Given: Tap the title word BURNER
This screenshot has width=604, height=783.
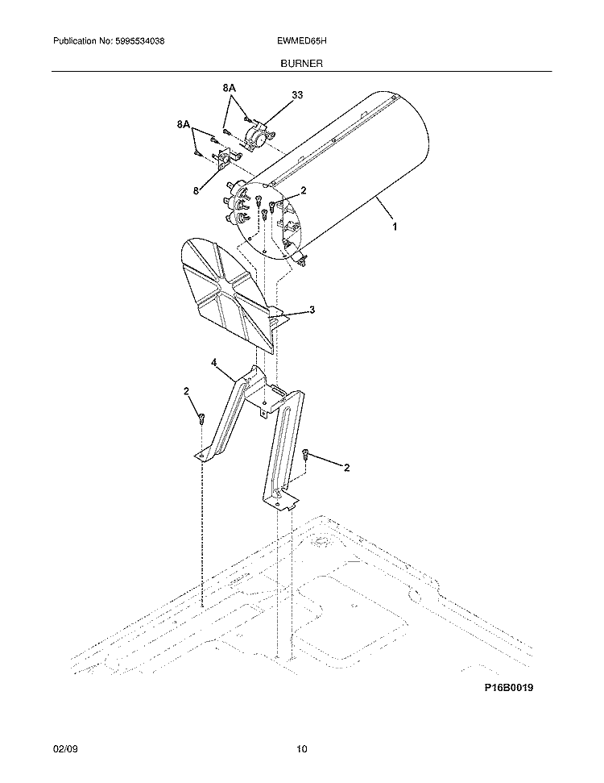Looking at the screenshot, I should click(301, 62).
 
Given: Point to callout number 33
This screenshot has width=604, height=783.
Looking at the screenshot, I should click(297, 95).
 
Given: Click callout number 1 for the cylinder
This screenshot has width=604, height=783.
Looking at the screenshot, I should click(394, 228).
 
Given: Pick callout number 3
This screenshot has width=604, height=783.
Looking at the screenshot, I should click(312, 310).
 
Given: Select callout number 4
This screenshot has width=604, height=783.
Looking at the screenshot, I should click(214, 364).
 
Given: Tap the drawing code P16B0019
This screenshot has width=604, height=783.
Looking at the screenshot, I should click(509, 687).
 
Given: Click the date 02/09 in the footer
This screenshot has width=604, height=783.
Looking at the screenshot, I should click(64, 750).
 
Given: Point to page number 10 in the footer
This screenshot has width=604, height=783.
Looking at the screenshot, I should click(301, 750).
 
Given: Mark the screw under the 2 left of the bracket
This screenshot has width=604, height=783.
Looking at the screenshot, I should click(201, 418).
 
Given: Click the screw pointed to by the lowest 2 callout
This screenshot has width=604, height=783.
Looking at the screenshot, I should click(307, 456).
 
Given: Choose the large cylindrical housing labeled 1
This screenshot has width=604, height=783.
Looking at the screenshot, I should click(346, 177).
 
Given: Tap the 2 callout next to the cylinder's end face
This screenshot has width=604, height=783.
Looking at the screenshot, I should click(304, 191).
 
